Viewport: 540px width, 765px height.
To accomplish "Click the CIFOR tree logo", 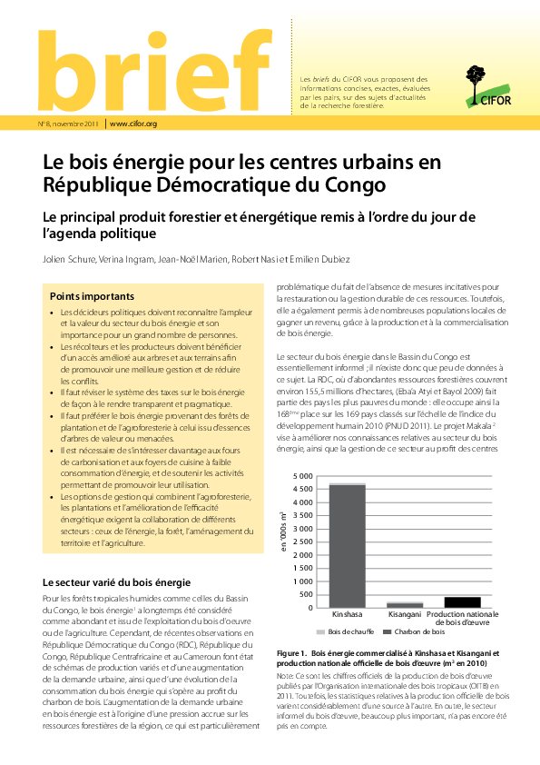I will pyautogui.click(x=479, y=81).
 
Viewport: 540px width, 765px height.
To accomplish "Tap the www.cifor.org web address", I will pyautogui.click(x=133, y=124).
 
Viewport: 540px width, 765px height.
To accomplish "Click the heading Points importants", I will pyautogui.click(x=92, y=296).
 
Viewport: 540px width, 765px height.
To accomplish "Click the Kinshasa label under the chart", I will pyautogui.click(x=347, y=614).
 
